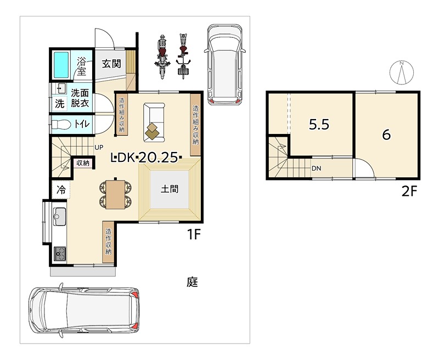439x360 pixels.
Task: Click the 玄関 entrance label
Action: pyautogui.click(x=111, y=64)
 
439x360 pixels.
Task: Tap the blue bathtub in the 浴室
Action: pyautogui.click(x=61, y=65)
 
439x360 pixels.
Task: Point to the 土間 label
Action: pyautogui.click(x=170, y=189)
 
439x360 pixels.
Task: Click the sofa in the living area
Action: pyautogui.click(x=154, y=122)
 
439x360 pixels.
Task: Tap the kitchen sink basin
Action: pyautogui.click(x=59, y=216)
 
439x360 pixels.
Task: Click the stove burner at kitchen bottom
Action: pyautogui.click(x=60, y=254)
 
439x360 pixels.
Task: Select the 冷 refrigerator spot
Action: pyautogui.click(x=61, y=190)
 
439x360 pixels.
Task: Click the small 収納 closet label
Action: pyautogui.click(x=83, y=162)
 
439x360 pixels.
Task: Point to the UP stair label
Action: pyautogui.click(x=99, y=147)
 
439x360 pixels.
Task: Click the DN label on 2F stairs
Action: pyautogui.click(x=316, y=168)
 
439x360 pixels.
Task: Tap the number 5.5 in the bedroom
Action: pyautogui.click(x=319, y=124)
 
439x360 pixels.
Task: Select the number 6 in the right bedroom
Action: pyautogui.click(x=386, y=135)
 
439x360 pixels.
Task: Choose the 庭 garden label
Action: pyautogui.click(x=193, y=282)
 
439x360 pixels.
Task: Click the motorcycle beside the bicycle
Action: pyautogui.click(x=161, y=57)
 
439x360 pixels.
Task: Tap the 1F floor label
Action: pyautogui.click(x=194, y=234)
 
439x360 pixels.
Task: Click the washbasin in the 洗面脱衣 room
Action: pyautogui.click(x=61, y=89)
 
